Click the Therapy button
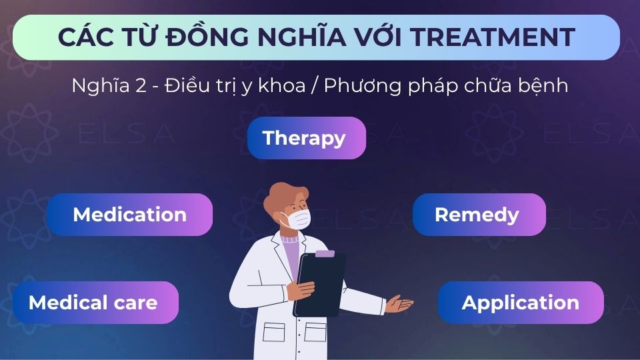[x=306, y=138]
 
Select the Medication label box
[x=129, y=215]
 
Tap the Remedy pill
[x=478, y=215]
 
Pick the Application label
[x=520, y=303]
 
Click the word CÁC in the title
[x=83, y=37]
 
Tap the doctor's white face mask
[x=295, y=219]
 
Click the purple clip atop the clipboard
[x=324, y=254]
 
